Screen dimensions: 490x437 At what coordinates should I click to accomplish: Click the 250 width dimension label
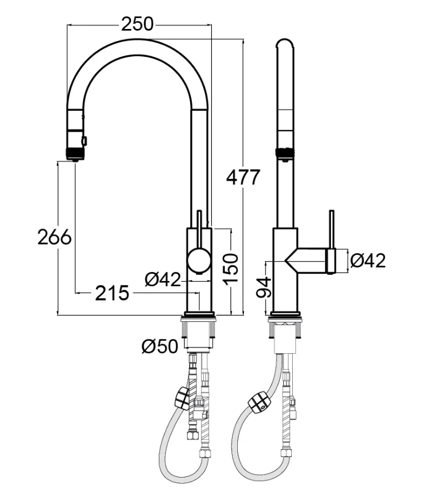[x=137, y=24]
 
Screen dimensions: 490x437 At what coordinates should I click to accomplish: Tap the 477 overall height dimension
[x=243, y=177]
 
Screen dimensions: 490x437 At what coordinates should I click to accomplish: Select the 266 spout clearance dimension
[x=54, y=237]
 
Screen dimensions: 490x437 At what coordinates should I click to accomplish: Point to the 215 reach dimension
[x=112, y=293]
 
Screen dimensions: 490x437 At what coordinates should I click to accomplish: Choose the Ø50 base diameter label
[x=159, y=346]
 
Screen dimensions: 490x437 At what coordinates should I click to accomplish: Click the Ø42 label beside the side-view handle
[x=368, y=261]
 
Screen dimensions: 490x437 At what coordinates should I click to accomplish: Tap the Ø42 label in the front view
[x=162, y=279]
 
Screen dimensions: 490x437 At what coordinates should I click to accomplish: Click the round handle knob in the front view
[x=198, y=261]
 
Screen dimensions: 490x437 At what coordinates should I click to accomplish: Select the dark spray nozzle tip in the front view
[x=75, y=153]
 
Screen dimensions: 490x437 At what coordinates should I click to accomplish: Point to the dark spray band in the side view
[x=284, y=152]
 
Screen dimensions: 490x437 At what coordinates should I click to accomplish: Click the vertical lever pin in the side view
[x=331, y=229]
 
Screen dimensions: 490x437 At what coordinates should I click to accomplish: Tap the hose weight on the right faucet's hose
[x=258, y=402]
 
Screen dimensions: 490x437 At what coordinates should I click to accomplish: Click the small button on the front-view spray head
[x=85, y=140]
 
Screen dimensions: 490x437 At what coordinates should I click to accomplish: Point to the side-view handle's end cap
[x=331, y=261]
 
